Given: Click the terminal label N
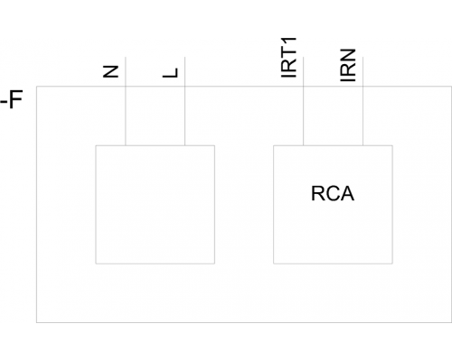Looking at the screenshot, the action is pyautogui.click(x=110, y=71).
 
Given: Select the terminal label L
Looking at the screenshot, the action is pyautogui.click(x=171, y=73).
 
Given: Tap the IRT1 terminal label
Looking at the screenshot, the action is pyautogui.click(x=288, y=58).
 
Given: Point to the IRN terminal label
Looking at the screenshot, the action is pyautogui.click(x=348, y=65).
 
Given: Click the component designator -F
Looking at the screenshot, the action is pyautogui.click(x=12, y=100).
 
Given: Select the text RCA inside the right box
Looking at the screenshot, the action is pyautogui.click(x=333, y=193).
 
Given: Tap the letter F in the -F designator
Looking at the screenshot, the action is pyautogui.click(x=16, y=100).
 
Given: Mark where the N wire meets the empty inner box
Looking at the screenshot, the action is pyautogui.click(x=126, y=145).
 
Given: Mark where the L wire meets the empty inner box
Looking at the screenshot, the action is pyautogui.click(x=184, y=145).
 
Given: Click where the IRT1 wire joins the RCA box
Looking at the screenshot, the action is pyautogui.click(x=303, y=145).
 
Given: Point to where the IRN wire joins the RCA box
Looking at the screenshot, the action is pyautogui.click(x=363, y=145).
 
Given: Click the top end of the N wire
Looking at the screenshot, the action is pyautogui.click(x=126, y=57).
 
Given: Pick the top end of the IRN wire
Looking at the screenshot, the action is pyautogui.click(x=363, y=57).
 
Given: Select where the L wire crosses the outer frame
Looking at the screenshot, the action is pyautogui.click(x=184, y=87).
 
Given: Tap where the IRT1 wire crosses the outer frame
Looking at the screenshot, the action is pyautogui.click(x=303, y=87).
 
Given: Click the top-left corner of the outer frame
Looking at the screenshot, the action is pyautogui.click(x=36, y=87).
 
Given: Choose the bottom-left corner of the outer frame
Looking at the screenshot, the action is pyautogui.click(x=36, y=322).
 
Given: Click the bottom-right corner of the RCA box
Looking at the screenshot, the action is pyautogui.click(x=392, y=264).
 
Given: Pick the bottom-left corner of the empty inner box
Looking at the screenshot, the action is pyautogui.click(x=96, y=264).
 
